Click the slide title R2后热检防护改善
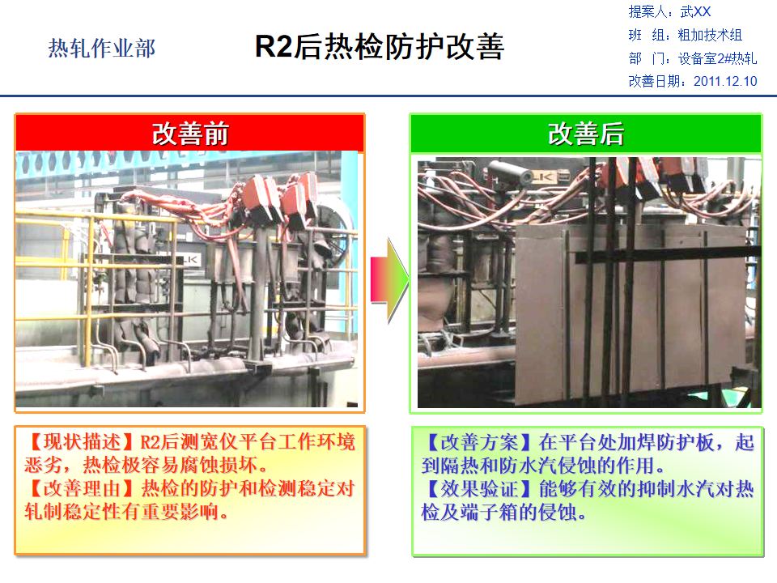click(380, 47)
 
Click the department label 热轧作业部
click(101, 49)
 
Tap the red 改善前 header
click(190, 134)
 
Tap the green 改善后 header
click(586, 134)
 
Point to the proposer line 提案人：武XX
click(669, 12)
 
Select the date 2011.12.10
click(725, 81)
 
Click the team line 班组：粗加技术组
click(685, 35)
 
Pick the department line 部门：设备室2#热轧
click(692, 58)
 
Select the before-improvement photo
click(189, 279)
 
